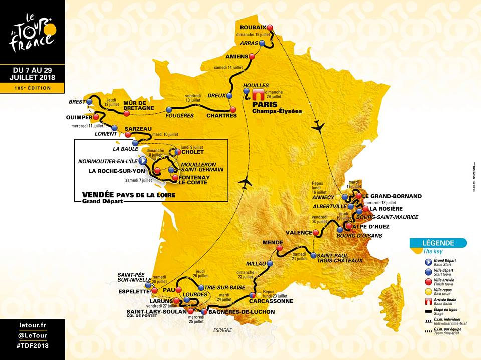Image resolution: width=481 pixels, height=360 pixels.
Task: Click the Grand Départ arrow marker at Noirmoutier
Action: [x=142, y=161]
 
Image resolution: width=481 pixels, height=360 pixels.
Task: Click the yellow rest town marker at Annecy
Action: [x=345, y=197]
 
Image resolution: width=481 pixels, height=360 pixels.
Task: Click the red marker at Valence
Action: [x=316, y=232]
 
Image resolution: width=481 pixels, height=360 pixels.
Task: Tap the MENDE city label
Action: [x=273, y=243]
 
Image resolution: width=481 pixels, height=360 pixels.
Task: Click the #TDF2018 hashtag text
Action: [x=32, y=346]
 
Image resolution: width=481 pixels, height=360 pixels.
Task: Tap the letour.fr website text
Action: [x=32, y=325]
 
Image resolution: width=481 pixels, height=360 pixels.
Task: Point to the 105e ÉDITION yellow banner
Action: [x=32, y=88]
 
